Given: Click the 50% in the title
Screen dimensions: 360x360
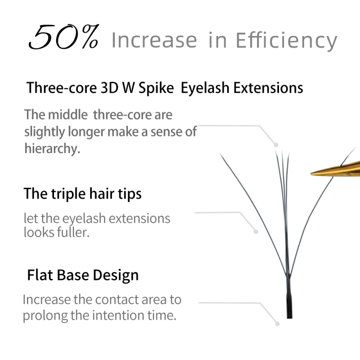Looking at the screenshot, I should pyautogui.click(x=63, y=38).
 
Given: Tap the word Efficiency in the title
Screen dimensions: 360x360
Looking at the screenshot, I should pyautogui.click(x=286, y=40).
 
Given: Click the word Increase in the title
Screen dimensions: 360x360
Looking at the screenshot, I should pyautogui.click(x=154, y=40).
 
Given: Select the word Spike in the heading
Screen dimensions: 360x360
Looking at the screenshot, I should pyautogui.click(x=154, y=88).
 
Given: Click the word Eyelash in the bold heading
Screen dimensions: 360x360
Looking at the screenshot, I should pyautogui.click(x=205, y=88).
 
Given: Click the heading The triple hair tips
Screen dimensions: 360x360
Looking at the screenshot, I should pyautogui.click(x=82, y=194).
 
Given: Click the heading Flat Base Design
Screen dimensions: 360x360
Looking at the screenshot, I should pyautogui.click(x=83, y=275).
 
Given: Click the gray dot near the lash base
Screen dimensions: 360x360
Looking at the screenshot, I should pyautogui.click(x=278, y=323).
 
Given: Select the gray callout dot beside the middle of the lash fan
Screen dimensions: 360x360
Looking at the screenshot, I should pyautogui.click(x=256, y=232).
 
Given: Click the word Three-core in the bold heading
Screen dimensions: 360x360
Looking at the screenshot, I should pyautogui.click(x=60, y=88).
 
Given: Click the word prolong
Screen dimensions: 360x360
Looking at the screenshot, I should pyautogui.click(x=45, y=315).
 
